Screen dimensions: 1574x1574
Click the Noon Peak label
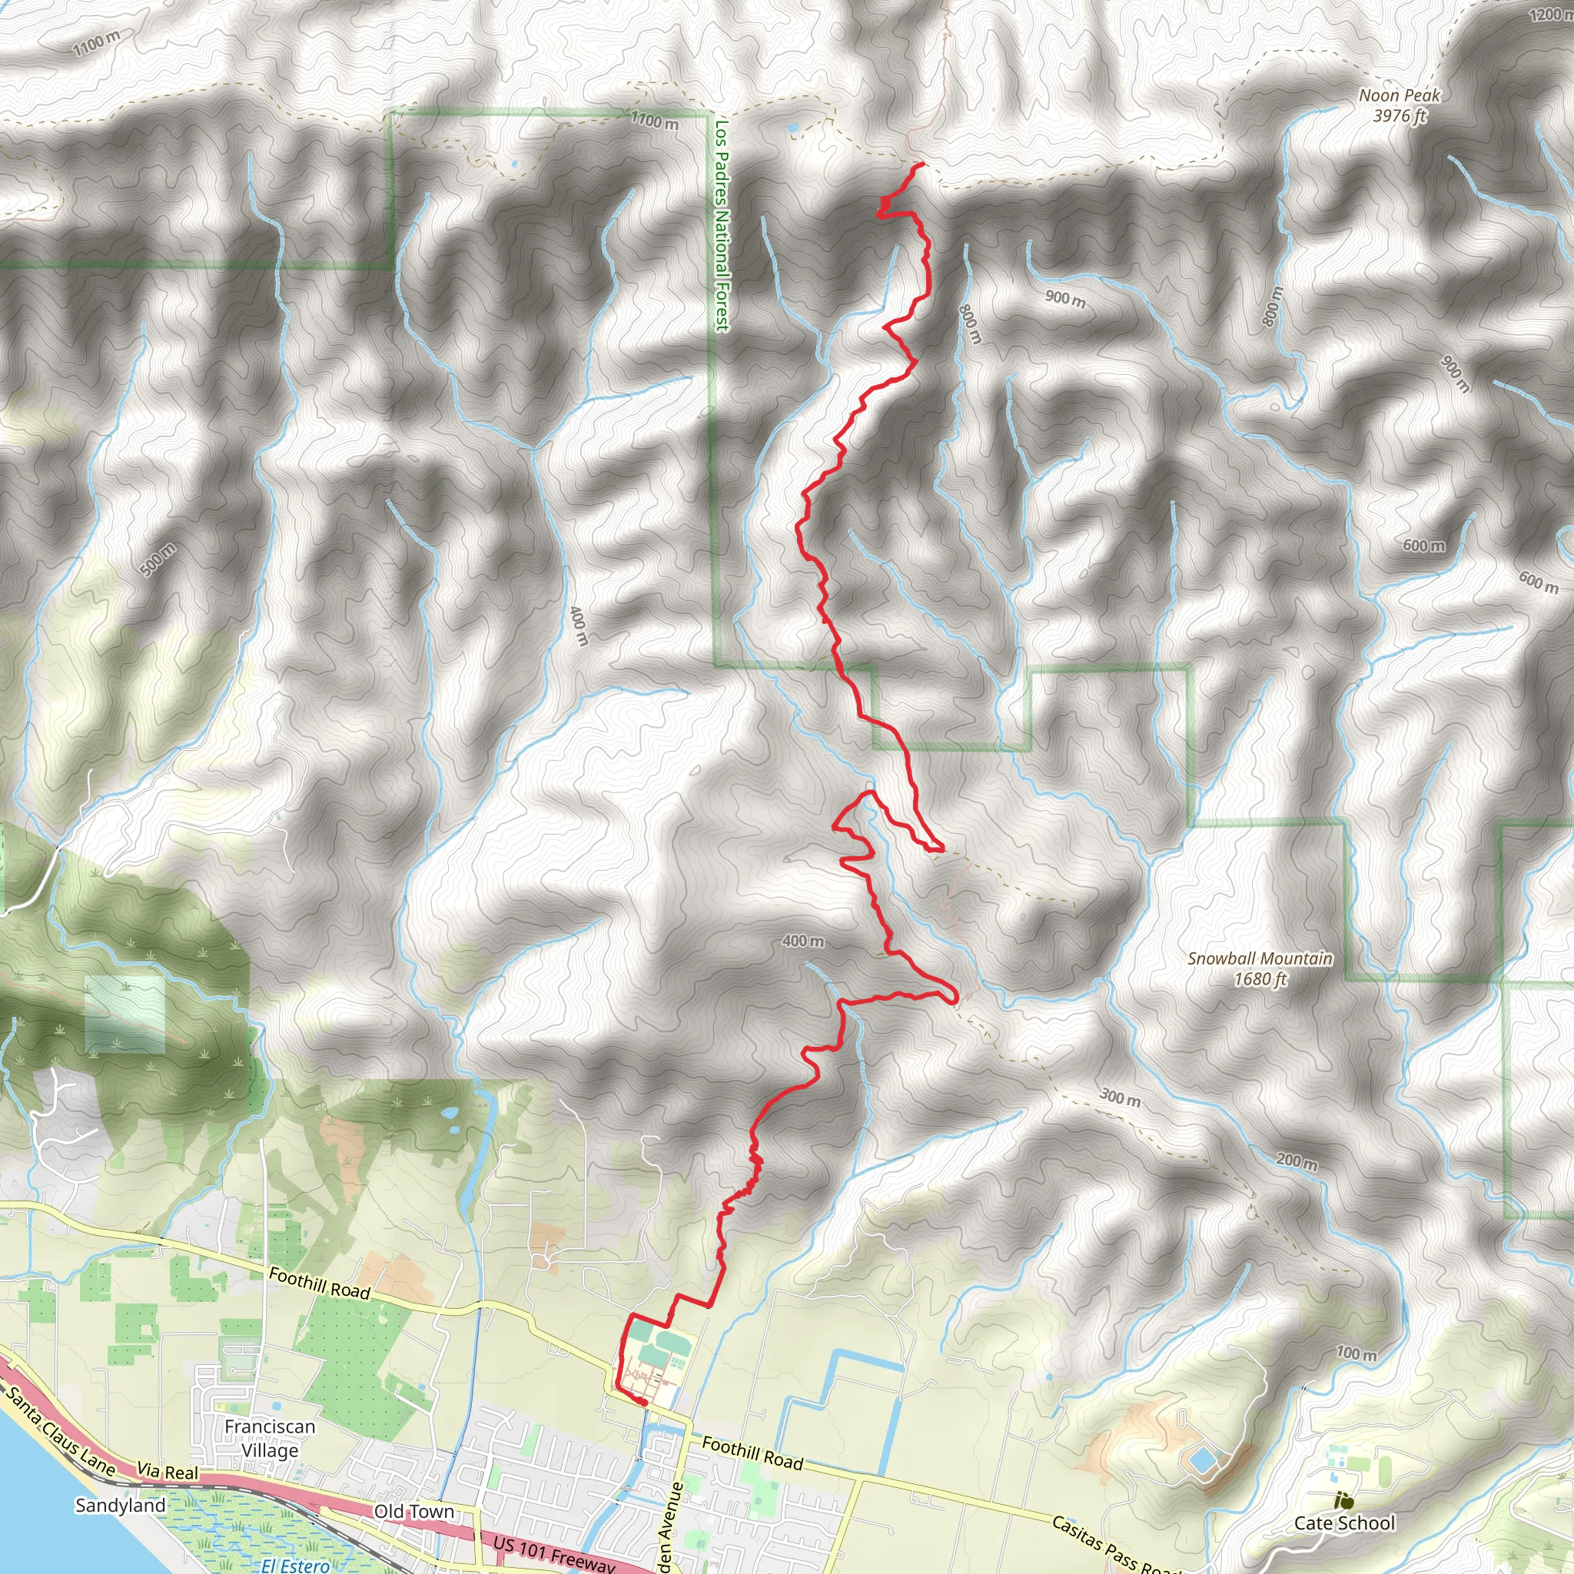point(1399,105)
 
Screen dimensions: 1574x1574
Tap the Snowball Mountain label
point(1260,968)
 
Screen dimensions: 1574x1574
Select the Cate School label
point(1344,1523)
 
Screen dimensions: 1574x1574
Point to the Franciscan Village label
point(270,1438)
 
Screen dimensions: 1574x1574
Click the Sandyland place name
point(120,1505)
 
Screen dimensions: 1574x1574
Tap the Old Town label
point(414,1511)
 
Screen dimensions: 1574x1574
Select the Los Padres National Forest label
point(722,225)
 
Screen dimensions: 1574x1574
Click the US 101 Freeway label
point(553,1552)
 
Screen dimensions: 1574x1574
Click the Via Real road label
point(167,1471)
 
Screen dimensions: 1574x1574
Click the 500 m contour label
point(158,560)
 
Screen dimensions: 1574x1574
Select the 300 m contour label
point(1121,1097)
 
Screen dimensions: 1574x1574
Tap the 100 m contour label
point(1356,1353)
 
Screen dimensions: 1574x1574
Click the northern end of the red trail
point(923,164)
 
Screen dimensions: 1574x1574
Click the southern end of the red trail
point(644,1402)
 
